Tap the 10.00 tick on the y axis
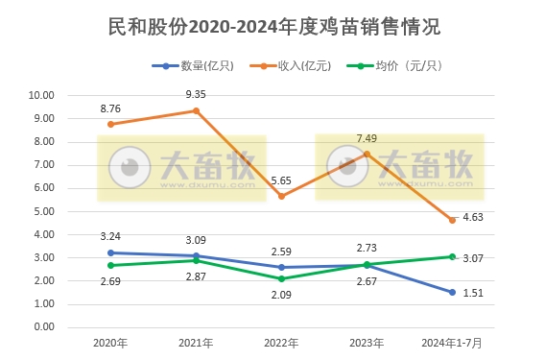41,96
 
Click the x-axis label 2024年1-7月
452,343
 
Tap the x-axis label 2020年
111,343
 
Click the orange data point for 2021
197,110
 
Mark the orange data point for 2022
282,196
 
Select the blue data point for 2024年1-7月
452,292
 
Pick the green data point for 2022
282,278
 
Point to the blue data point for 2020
111,252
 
